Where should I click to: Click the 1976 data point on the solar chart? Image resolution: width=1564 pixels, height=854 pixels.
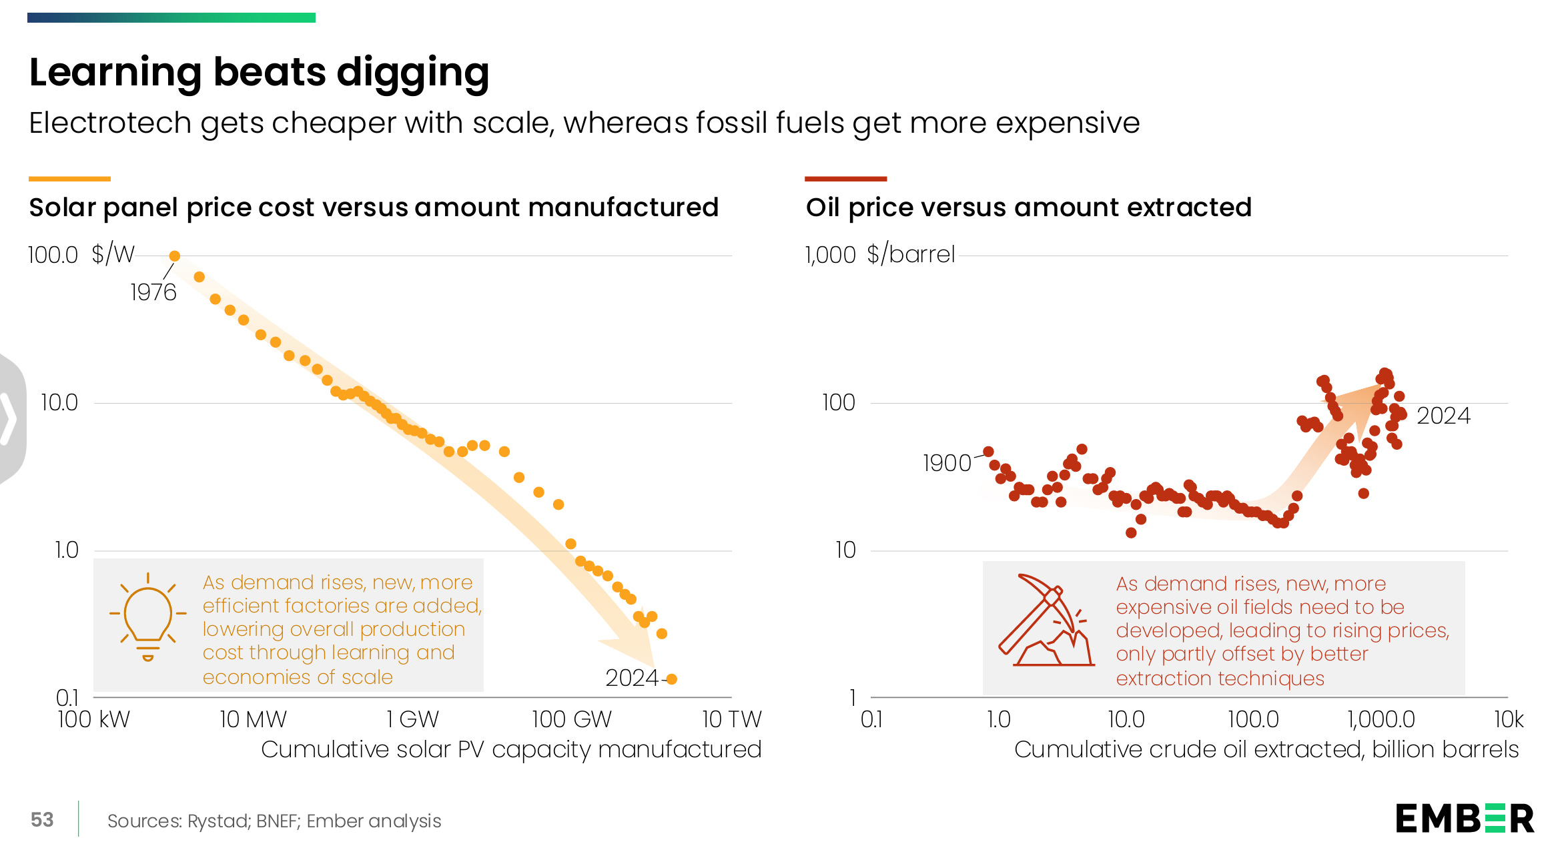coord(175,256)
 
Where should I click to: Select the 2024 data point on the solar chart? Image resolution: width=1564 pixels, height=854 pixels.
coord(672,679)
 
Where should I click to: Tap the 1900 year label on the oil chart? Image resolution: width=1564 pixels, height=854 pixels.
coord(946,463)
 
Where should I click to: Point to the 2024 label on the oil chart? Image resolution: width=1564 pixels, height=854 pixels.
coord(1443,416)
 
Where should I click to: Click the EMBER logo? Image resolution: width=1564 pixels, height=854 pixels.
coord(1465,819)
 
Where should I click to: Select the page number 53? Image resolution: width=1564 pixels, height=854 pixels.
coord(42,820)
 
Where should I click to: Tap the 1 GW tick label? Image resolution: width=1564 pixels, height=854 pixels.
coord(412,719)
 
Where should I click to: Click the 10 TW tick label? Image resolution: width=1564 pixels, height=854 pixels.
coord(731,719)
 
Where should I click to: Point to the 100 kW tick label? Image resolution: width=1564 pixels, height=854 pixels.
coord(93,719)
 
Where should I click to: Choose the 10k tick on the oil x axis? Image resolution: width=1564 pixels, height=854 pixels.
coord(1508,719)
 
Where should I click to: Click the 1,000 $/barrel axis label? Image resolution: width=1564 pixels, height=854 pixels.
coord(879,255)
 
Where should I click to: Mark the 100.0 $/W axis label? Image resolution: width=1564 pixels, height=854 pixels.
coord(81,255)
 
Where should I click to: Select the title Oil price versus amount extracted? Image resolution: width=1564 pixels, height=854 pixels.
coord(1028,207)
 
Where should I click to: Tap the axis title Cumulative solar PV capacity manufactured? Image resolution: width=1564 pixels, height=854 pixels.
coord(510,749)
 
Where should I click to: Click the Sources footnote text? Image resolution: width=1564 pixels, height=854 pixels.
coord(274,821)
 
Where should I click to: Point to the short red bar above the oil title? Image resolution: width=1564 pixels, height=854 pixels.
coord(845,179)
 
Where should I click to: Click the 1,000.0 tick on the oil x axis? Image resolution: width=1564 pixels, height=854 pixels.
coord(1381,719)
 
